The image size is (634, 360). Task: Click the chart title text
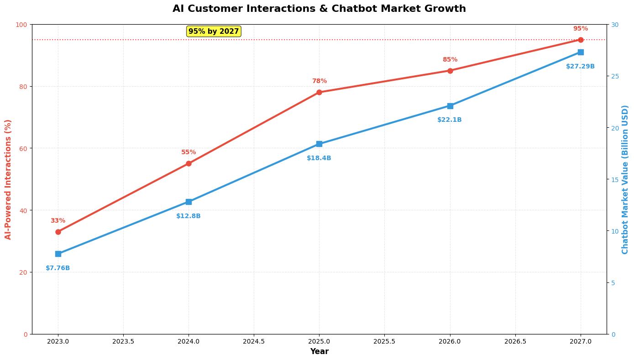pos(319,9)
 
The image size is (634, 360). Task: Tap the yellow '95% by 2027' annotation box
pos(214,31)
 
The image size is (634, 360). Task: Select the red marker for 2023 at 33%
pos(58,232)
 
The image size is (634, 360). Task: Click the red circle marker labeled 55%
pos(189,163)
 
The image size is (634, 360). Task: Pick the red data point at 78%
pos(319,92)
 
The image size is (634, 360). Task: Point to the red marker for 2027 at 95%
pos(581,40)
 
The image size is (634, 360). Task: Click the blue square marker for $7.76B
pos(58,254)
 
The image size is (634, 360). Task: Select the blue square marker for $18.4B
pos(319,144)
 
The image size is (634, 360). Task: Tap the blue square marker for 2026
pos(450,106)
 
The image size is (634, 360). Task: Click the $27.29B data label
pos(580,67)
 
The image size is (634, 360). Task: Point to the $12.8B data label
pos(189,216)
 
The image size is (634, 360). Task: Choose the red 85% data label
pos(450,60)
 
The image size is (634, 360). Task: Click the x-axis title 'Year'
pos(319,352)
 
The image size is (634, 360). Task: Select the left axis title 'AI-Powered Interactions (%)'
pos(8,179)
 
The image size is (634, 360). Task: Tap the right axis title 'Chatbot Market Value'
pos(625,179)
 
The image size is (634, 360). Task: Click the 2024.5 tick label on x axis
pos(254,341)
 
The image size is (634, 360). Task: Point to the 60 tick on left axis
pos(23,148)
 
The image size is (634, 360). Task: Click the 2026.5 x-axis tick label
pos(515,341)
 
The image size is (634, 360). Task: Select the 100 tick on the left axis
pos(22,25)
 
